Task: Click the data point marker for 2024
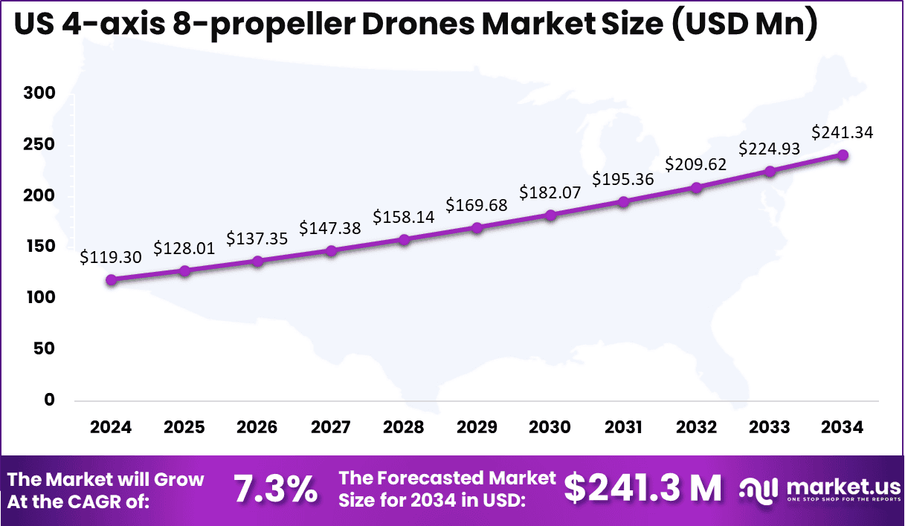pos(111,280)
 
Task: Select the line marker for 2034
pos(843,155)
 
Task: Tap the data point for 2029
pos(477,227)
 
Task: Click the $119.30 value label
pos(111,257)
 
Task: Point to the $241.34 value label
pos(843,132)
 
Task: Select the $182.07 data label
pos(550,192)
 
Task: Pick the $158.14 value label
pos(404,216)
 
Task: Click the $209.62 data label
pos(696,164)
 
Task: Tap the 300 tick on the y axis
pos(39,94)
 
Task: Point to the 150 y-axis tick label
pos(39,247)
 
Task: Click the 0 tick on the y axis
pos(50,400)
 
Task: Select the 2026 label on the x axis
pos(257,427)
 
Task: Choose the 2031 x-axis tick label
pos(623,427)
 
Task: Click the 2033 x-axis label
pos(770,427)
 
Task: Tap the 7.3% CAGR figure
pos(275,490)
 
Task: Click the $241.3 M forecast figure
pos(642,488)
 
